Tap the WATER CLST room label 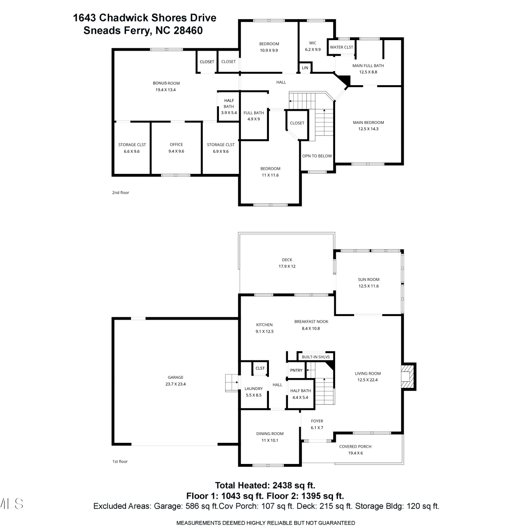click(x=341, y=47)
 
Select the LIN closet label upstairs click(x=305, y=68)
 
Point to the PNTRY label click(x=296, y=370)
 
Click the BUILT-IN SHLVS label click(x=316, y=357)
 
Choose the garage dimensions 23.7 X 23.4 click(x=175, y=384)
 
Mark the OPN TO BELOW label click(x=317, y=156)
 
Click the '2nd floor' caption click(x=120, y=193)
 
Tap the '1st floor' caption click(x=120, y=461)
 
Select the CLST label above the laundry click(x=260, y=368)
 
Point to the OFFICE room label click(x=176, y=144)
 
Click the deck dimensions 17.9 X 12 click(x=287, y=266)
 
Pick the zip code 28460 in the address click(x=188, y=31)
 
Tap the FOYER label click(x=317, y=421)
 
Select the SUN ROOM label click(x=369, y=279)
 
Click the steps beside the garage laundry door click(x=232, y=383)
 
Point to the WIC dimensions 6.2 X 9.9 click(x=313, y=50)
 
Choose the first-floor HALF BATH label click(x=300, y=391)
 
